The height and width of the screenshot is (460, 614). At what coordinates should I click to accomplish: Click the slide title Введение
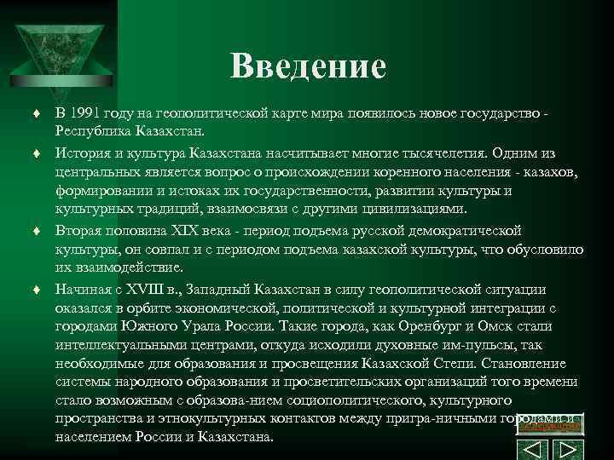[308, 65]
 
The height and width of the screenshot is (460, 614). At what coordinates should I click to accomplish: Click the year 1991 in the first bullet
[91, 113]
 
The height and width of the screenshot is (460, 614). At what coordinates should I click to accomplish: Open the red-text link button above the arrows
[551, 423]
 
